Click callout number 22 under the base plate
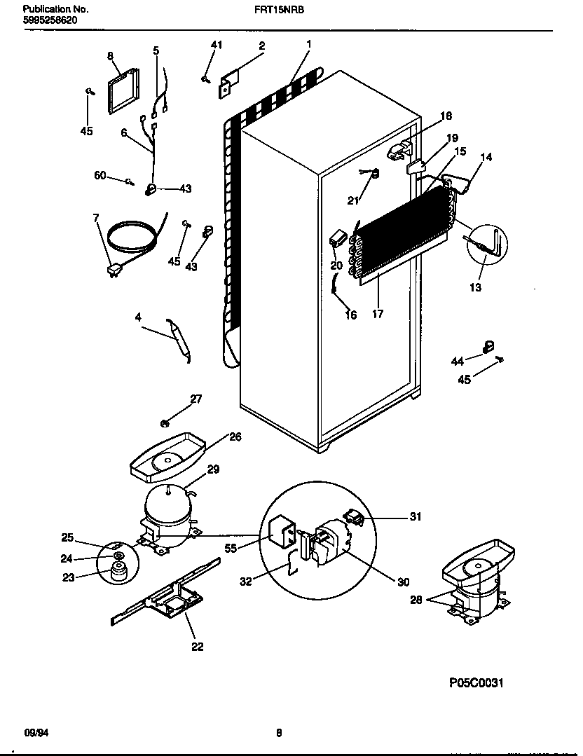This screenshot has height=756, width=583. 198,647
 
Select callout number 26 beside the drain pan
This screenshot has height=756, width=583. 235,437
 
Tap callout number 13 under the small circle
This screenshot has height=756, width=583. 476,287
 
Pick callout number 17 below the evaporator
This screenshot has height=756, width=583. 378,314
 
